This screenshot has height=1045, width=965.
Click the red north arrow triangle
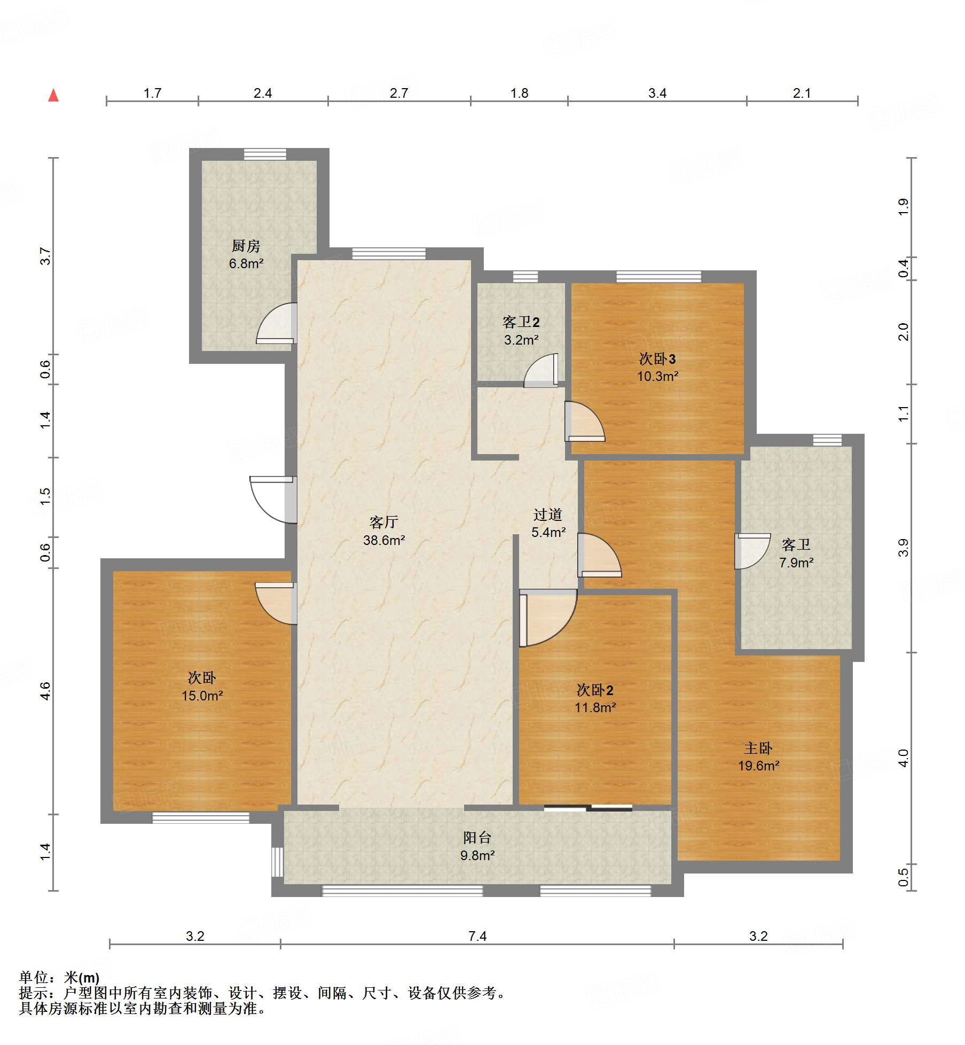53,95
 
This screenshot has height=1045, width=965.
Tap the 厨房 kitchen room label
246,246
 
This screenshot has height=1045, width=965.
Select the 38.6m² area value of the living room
384,540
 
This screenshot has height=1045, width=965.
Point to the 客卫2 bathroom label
521,322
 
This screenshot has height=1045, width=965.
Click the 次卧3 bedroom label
657,358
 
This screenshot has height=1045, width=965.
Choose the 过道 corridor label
548,514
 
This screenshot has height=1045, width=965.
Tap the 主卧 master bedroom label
758,748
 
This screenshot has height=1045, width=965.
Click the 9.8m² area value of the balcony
477,855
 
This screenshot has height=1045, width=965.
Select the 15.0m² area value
202,696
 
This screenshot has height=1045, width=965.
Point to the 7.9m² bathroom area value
796,563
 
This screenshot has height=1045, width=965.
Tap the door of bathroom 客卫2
541,370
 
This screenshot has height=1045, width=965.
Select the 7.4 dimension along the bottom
477,936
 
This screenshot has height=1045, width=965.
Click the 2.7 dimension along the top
399,93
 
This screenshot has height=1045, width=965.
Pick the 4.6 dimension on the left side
45,691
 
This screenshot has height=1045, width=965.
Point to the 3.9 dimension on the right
903,548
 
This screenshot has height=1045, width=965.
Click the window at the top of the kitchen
265,154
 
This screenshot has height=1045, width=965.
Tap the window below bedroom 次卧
201,817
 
